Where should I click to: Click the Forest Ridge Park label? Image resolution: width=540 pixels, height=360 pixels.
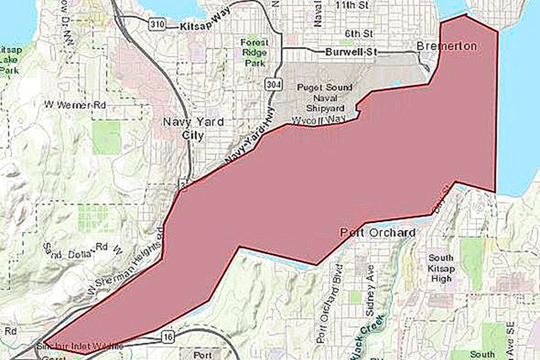pyautogui.click(x=253, y=53)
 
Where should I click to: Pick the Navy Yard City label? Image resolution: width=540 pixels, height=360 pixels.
pyautogui.click(x=193, y=128)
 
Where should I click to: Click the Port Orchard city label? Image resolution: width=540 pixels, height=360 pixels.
pyautogui.click(x=378, y=233)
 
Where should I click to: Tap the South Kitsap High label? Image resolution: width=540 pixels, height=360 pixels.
pyautogui.click(x=440, y=268)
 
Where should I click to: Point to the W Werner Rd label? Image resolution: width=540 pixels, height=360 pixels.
pyautogui.click(x=72, y=104)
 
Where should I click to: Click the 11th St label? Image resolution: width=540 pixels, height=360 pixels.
pyautogui.click(x=355, y=6)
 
